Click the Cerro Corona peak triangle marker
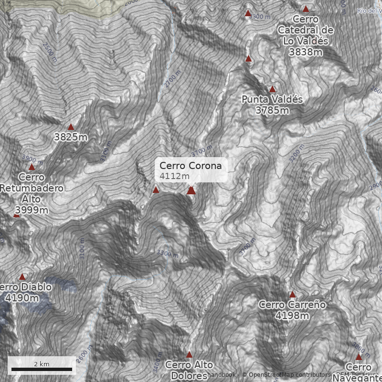(191, 191)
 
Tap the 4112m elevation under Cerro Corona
(175, 176)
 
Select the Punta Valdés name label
(272, 100)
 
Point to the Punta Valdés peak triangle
(272, 89)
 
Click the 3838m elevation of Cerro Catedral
(306, 52)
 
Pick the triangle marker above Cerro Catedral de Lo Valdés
(306, 9)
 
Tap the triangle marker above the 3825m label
(71, 127)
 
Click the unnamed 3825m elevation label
(71, 138)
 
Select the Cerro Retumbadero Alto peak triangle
(32, 167)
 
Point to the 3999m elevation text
(32, 210)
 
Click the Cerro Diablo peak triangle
(21, 277)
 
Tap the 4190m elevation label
(22, 298)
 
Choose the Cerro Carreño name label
(292, 305)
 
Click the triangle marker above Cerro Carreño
(292, 295)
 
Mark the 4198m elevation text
(292, 316)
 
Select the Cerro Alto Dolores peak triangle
(189, 355)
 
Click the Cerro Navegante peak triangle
(359, 357)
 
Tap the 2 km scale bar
(42, 369)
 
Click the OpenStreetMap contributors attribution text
(286, 375)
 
